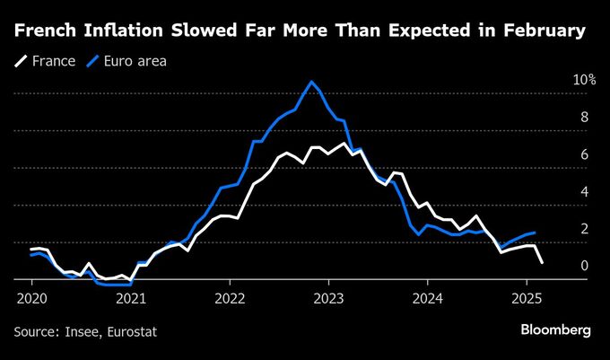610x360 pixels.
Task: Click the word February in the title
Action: click(x=546, y=33)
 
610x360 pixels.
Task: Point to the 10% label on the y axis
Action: click(x=584, y=80)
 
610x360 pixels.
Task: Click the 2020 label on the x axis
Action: click(x=31, y=297)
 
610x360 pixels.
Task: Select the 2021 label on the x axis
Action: click(x=131, y=297)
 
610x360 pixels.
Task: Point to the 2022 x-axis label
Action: click(x=230, y=297)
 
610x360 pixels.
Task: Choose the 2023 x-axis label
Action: click(x=329, y=297)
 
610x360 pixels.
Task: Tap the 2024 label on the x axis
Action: click(x=428, y=297)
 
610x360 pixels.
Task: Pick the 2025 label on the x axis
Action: click(x=527, y=297)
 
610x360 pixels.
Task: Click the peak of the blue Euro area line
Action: click(x=311, y=82)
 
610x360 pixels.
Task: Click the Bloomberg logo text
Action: click(x=555, y=330)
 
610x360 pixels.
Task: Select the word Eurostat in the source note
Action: click(x=131, y=331)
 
